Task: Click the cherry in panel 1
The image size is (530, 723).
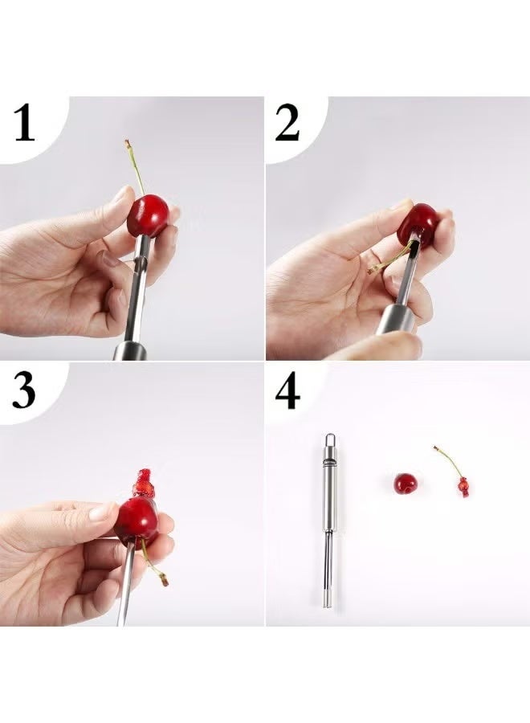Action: pyautogui.click(x=149, y=215)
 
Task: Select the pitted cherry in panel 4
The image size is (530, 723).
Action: pyautogui.click(x=406, y=484)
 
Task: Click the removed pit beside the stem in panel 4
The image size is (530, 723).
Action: pyautogui.click(x=463, y=485)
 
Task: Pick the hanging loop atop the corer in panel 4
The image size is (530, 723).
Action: pyautogui.click(x=330, y=441)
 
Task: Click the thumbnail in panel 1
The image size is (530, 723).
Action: pyautogui.click(x=121, y=194)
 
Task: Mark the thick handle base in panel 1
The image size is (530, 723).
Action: pyautogui.click(x=128, y=350)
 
